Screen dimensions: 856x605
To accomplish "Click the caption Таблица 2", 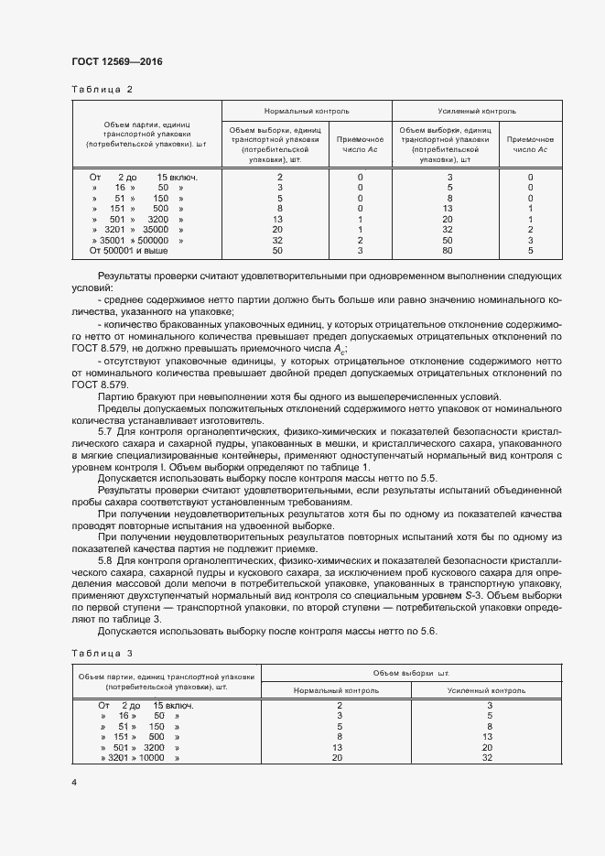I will coord(102,89).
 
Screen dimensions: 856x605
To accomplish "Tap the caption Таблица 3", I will coord(102,652).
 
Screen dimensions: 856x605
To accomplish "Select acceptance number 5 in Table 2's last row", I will coord(530,250).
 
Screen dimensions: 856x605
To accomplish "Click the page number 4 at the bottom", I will coord(74,782).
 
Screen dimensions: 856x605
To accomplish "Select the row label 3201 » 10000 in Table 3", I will coord(139,758).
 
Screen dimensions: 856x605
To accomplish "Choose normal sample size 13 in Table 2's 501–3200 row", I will coord(280,220).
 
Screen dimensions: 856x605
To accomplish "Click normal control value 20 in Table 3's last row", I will coord(339,758).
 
